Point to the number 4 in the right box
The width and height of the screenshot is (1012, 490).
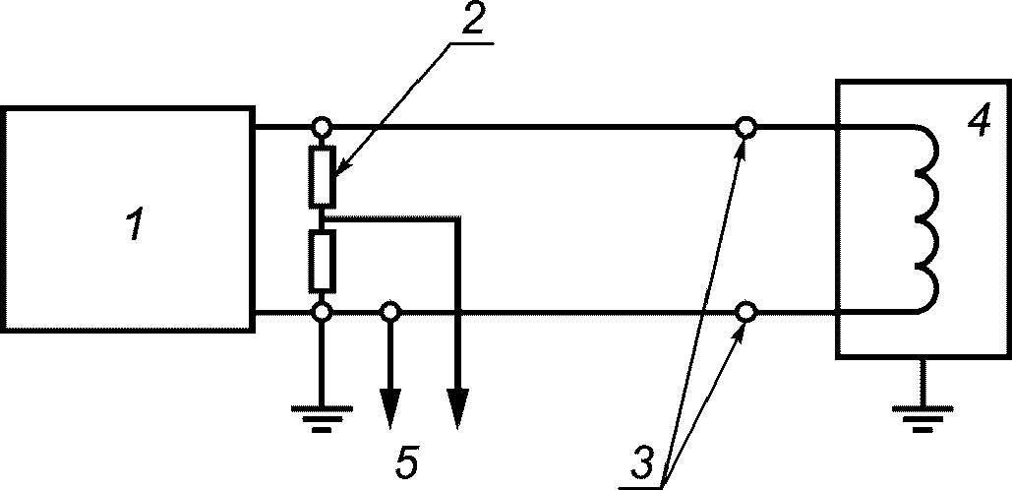(980, 120)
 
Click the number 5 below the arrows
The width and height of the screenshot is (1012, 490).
(407, 462)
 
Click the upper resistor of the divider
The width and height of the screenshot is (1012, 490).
(322, 176)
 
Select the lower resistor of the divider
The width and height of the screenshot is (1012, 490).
(322, 260)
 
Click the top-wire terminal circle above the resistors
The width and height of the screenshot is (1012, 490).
(322, 126)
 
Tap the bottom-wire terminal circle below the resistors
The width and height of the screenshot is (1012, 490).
(322, 313)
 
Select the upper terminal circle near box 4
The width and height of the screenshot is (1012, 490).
(746, 127)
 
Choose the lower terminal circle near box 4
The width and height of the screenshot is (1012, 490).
(746, 313)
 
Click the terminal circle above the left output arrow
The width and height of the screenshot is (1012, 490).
(389, 313)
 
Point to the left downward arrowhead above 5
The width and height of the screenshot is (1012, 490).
(389, 408)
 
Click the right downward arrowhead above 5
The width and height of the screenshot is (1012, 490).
(457, 408)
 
